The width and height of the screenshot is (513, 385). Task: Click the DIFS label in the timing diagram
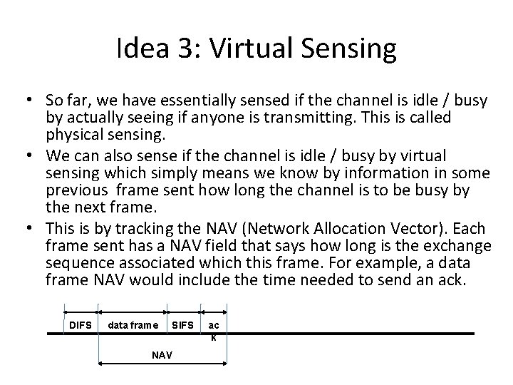point(81,326)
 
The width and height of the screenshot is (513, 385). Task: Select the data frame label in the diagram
point(133,326)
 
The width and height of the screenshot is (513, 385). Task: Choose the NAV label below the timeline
point(161,354)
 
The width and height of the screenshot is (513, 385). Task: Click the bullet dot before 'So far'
point(31,101)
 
